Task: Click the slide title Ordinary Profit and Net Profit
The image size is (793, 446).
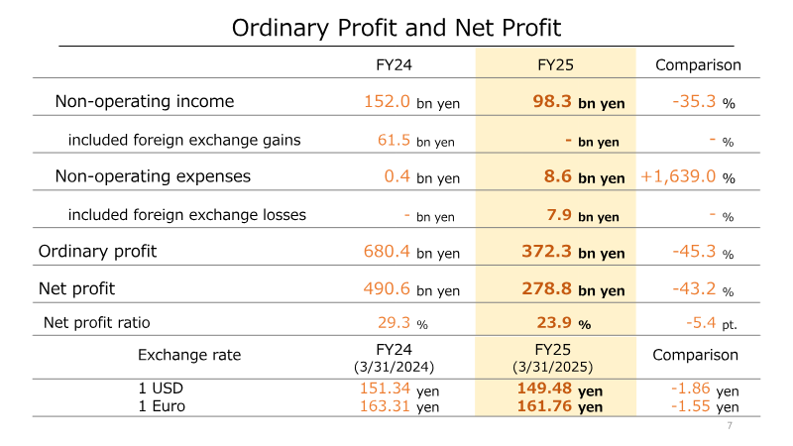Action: point(396,28)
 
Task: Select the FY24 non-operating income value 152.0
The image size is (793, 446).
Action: point(387,101)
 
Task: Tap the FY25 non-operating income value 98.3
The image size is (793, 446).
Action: point(552,101)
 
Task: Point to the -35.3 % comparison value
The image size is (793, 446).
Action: point(704,102)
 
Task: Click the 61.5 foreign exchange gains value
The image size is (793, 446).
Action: point(394,140)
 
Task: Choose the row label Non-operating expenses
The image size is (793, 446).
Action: point(153,176)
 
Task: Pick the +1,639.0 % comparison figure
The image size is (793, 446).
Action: point(688,176)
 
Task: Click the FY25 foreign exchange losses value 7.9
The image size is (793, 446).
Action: point(559,215)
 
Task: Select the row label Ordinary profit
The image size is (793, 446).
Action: point(97,252)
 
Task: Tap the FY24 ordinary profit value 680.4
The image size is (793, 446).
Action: point(387,252)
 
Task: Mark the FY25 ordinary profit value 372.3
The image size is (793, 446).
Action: point(547,252)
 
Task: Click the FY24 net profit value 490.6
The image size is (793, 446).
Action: point(387,288)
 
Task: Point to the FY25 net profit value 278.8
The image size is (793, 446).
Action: point(547,288)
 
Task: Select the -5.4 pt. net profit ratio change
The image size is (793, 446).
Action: point(712,323)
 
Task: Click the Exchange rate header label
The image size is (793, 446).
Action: point(189,355)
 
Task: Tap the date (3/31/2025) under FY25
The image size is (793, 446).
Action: point(552,367)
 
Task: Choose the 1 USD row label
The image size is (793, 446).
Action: point(161,389)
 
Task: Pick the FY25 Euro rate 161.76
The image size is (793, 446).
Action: point(544,406)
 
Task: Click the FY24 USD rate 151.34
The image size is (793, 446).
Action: point(385,389)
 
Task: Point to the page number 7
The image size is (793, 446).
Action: point(730,426)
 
